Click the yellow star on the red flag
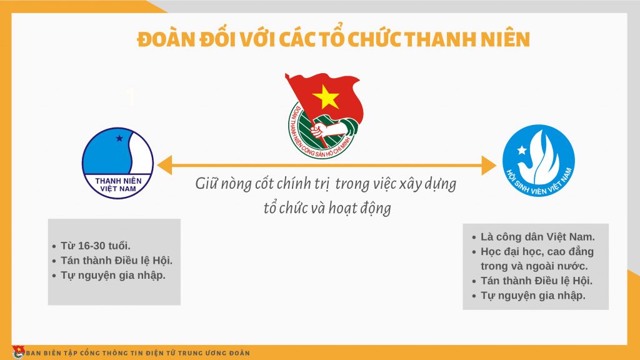point(325,97)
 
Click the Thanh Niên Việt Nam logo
point(118,163)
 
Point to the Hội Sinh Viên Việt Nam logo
point(538,161)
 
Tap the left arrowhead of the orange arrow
point(164,165)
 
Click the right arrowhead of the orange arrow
point(489,165)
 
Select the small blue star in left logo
point(119,138)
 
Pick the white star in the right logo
point(522,150)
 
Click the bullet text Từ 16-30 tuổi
point(96,246)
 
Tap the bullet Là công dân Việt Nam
point(537,237)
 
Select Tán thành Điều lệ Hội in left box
point(116,261)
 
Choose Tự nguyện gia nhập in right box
point(532,296)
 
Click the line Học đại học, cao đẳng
point(537,251)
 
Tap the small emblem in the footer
point(18,352)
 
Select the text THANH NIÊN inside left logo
point(118,181)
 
